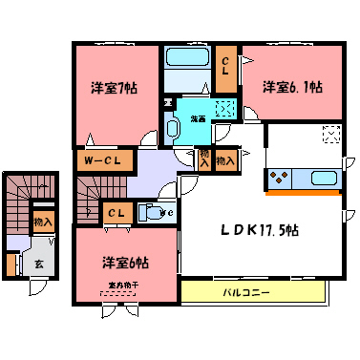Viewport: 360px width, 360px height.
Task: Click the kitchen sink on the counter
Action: tap(320, 179)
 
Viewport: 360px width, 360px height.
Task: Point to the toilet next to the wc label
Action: tap(150, 212)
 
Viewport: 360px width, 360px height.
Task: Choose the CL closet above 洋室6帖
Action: tap(116, 212)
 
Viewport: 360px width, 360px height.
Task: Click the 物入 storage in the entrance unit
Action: tap(42, 222)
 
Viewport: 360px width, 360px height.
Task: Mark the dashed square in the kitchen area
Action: tap(330, 135)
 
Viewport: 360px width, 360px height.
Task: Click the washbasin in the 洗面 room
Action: tap(175, 127)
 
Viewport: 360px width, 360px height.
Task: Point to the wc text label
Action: tap(168, 212)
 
